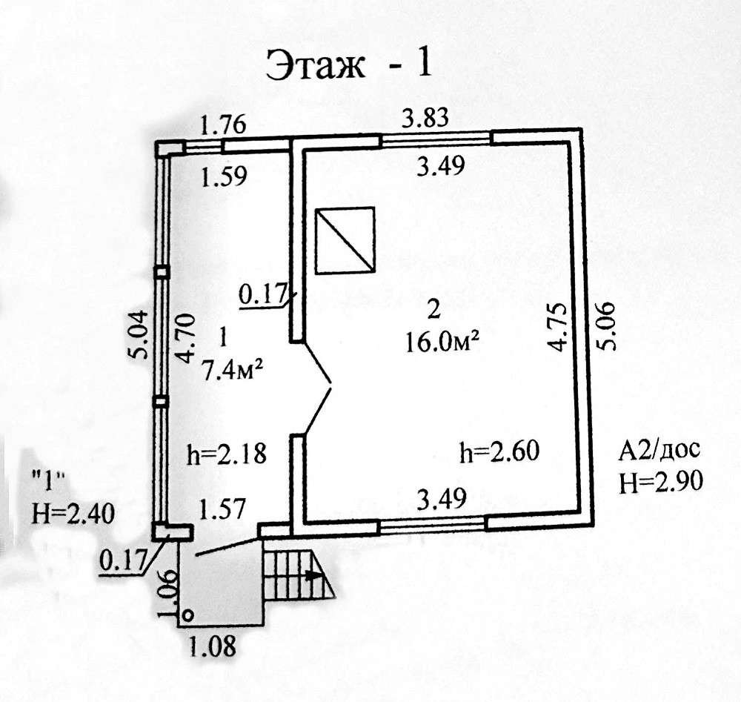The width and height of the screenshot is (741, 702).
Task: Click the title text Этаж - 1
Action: [349, 64]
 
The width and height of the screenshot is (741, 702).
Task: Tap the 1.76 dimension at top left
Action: [224, 125]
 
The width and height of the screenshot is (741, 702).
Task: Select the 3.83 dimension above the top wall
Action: [425, 118]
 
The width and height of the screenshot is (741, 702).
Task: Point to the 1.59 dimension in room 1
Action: [224, 177]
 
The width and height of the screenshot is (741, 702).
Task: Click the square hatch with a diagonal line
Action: [345, 240]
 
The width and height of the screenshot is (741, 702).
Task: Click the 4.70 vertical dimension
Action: [185, 337]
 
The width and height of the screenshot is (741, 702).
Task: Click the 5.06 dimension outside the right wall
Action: [606, 325]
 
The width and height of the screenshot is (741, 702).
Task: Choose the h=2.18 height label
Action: [227, 454]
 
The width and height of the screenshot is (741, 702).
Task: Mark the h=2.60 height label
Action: [499, 451]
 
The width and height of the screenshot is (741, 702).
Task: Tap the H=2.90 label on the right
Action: [661, 483]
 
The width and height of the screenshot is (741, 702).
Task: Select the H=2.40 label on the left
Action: [73, 514]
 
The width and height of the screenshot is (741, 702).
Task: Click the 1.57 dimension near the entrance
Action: [222, 509]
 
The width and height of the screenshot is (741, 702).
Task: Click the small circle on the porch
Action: [187, 615]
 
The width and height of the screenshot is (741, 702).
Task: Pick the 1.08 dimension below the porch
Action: [212, 646]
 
